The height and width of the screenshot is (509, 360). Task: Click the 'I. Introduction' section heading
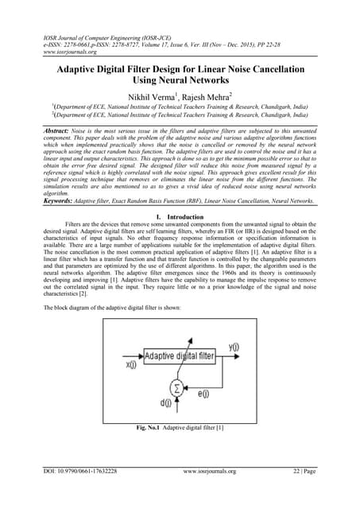tap(180, 216)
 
